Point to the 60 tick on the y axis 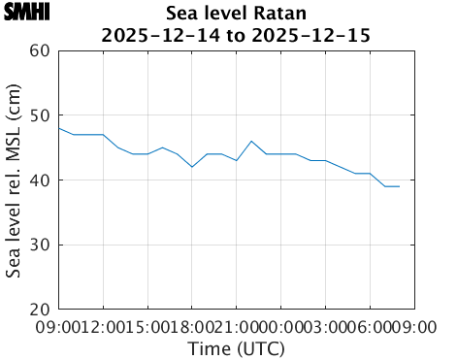39,50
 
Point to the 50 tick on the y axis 39,115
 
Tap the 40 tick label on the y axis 39,180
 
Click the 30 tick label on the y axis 39,245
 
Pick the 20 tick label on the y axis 39,310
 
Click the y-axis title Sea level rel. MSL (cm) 14,180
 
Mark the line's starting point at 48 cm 59,128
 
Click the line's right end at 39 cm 399,186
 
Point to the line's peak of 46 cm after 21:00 251,142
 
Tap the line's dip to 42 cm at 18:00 192,167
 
